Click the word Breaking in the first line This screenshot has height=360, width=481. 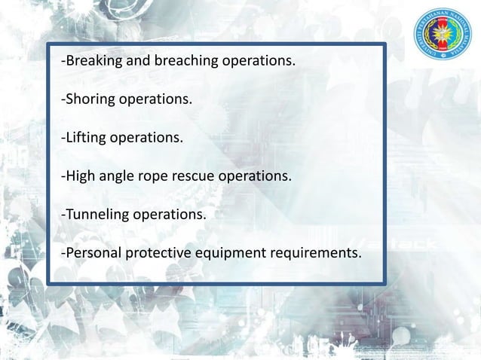click(90, 61)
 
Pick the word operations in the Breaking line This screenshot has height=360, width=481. click(256, 61)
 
